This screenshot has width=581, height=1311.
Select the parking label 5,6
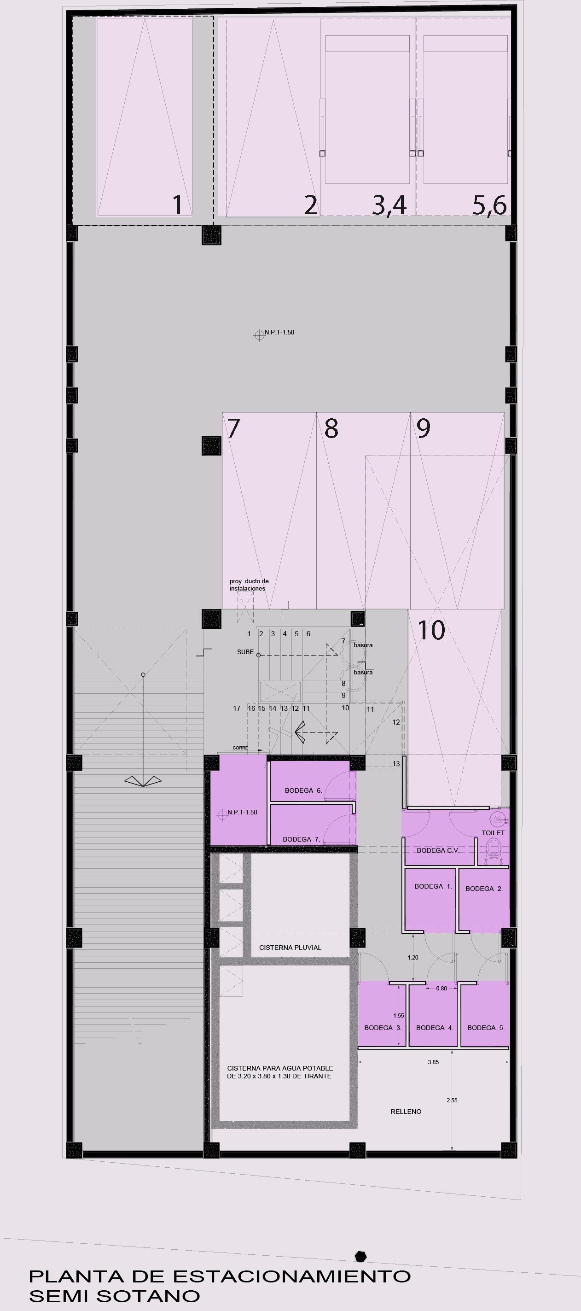tap(489, 205)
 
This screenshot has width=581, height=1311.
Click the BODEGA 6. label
tap(303, 790)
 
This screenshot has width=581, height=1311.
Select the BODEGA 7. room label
tap(301, 839)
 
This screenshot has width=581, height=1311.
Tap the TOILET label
tap(493, 832)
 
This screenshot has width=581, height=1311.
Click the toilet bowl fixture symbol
tap(494, 850)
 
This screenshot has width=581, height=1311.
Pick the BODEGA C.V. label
tap(438, 850)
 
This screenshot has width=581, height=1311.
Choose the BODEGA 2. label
tap(484, 889)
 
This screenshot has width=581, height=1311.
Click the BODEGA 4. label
tap(435, 1028)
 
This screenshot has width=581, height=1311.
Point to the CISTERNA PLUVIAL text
tap(290, 948)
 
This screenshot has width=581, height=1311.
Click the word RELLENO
tap(406, 1112)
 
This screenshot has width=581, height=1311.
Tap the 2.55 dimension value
tap(452, 1100)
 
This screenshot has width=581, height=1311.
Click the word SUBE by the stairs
tap(245, 652)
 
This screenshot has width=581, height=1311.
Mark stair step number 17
tap(237, 708)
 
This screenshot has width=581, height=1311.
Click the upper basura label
tap(363, 645)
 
